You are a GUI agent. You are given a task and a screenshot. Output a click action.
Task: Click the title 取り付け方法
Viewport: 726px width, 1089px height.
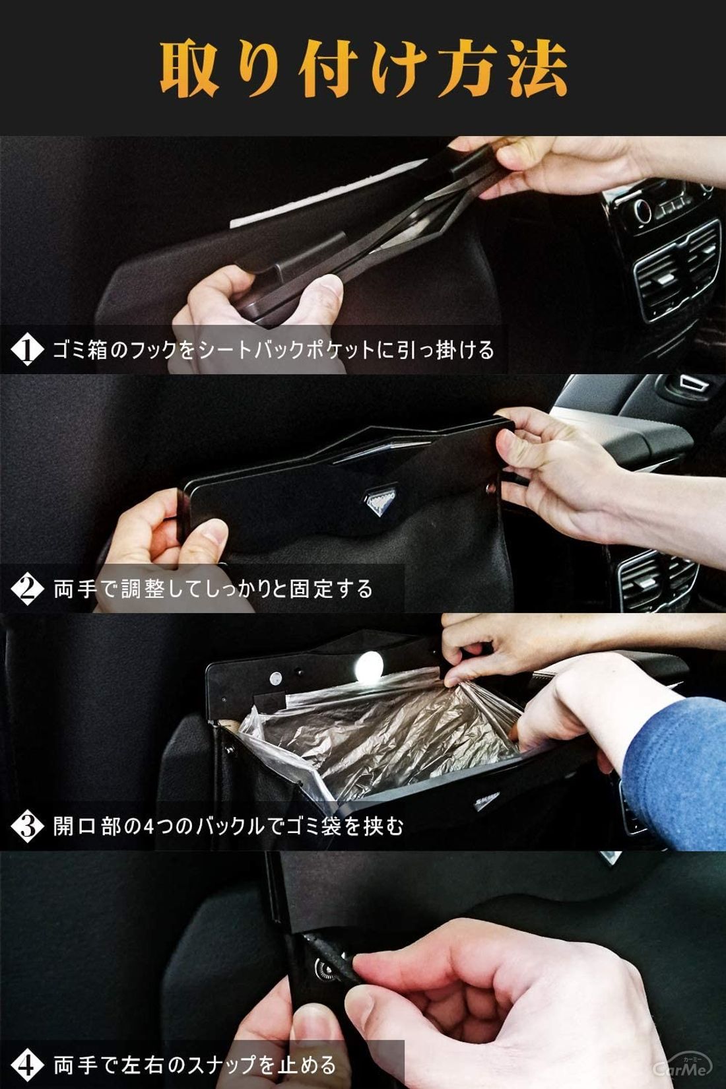pos(363,69)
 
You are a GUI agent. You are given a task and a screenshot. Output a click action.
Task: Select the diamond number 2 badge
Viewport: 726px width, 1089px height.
pos(27,589)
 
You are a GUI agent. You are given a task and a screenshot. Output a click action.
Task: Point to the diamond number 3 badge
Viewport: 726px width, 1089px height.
pos(27,826)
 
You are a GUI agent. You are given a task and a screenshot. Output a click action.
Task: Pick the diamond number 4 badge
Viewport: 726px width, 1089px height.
pos(27,1064)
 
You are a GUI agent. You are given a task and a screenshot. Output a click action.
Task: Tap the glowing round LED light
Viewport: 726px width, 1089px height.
pos(369,667)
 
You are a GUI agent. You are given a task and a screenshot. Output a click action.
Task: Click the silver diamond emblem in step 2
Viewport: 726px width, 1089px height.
pos(381,499)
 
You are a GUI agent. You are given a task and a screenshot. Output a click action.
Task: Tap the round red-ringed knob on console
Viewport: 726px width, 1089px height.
pos(643,211)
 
